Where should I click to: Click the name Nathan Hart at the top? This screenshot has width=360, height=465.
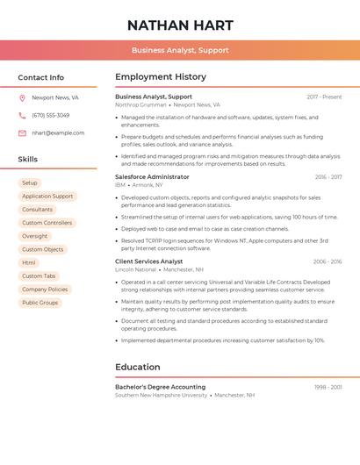click(x=179, y=25)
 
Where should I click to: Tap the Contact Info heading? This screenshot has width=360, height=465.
click(x=40, y=77)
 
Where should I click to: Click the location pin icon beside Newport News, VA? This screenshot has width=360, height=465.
click(x=22, y=97)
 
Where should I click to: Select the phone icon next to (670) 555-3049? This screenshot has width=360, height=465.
click(x=22, y=115)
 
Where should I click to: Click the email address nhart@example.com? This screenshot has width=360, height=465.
click(x=58, y=132)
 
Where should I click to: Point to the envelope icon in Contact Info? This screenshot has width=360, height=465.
click(x=22, y=132)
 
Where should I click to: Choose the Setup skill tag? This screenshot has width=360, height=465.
click(x=30, y=182)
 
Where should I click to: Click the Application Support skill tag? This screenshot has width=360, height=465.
click(x=47, y=196)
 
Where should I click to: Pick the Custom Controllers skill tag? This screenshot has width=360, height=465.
click(x=47, y=223)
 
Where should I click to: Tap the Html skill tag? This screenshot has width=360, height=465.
click(x=29, y=262)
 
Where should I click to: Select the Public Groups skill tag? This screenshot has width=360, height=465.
click(x=40, y=303)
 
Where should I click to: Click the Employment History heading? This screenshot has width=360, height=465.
click(x=161, y=77)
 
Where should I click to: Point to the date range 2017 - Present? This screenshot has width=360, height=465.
click(x=324, y=97)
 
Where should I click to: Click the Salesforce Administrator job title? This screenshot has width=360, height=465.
click(x=152, y=176)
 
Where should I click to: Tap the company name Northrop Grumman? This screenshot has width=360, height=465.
click(x=140, y=104)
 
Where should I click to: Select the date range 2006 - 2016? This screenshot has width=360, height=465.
click(x=327, y=261)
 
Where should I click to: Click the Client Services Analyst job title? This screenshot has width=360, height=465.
click(x=148, y=261)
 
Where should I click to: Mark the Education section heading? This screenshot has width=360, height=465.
click(x=138, y=367)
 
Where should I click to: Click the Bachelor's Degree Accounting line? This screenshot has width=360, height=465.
click(x=160, y=387)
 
